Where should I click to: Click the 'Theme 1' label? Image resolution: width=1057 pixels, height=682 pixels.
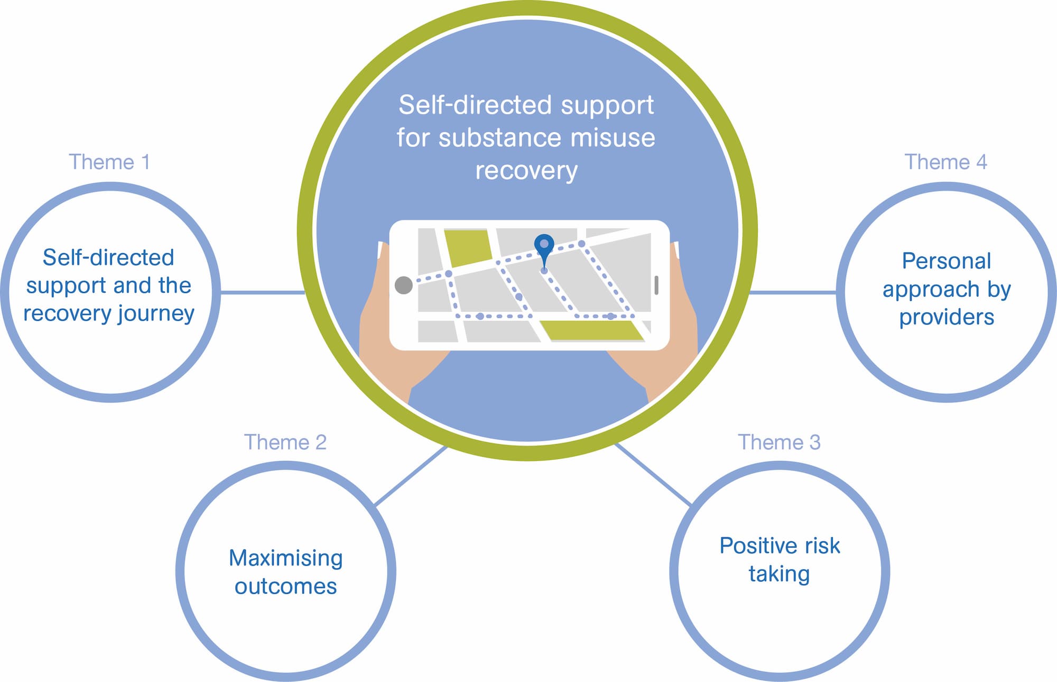click(109, 162)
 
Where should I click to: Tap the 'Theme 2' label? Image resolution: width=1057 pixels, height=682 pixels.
click(285, 442)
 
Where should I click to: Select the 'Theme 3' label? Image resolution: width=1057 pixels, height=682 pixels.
click(779, 442)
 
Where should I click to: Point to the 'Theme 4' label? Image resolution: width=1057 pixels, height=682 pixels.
click(946, 162)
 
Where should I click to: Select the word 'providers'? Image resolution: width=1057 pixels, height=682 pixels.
click(947, 318)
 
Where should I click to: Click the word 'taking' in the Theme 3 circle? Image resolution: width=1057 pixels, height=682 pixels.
click(779, 575)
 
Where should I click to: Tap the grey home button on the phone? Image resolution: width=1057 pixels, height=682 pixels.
click(404, 285)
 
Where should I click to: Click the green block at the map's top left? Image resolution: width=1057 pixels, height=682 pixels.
click(468, 247)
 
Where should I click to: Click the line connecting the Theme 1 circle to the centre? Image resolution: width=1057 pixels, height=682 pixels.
click(263, 292)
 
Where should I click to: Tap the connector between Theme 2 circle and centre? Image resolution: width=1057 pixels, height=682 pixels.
click(411, 476)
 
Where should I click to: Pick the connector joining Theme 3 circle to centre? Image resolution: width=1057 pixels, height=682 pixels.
click(653, 475)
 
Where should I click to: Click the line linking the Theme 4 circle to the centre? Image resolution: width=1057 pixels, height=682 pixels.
click(793, 292)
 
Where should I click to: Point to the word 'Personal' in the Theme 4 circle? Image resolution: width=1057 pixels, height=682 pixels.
click(947, 261)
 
